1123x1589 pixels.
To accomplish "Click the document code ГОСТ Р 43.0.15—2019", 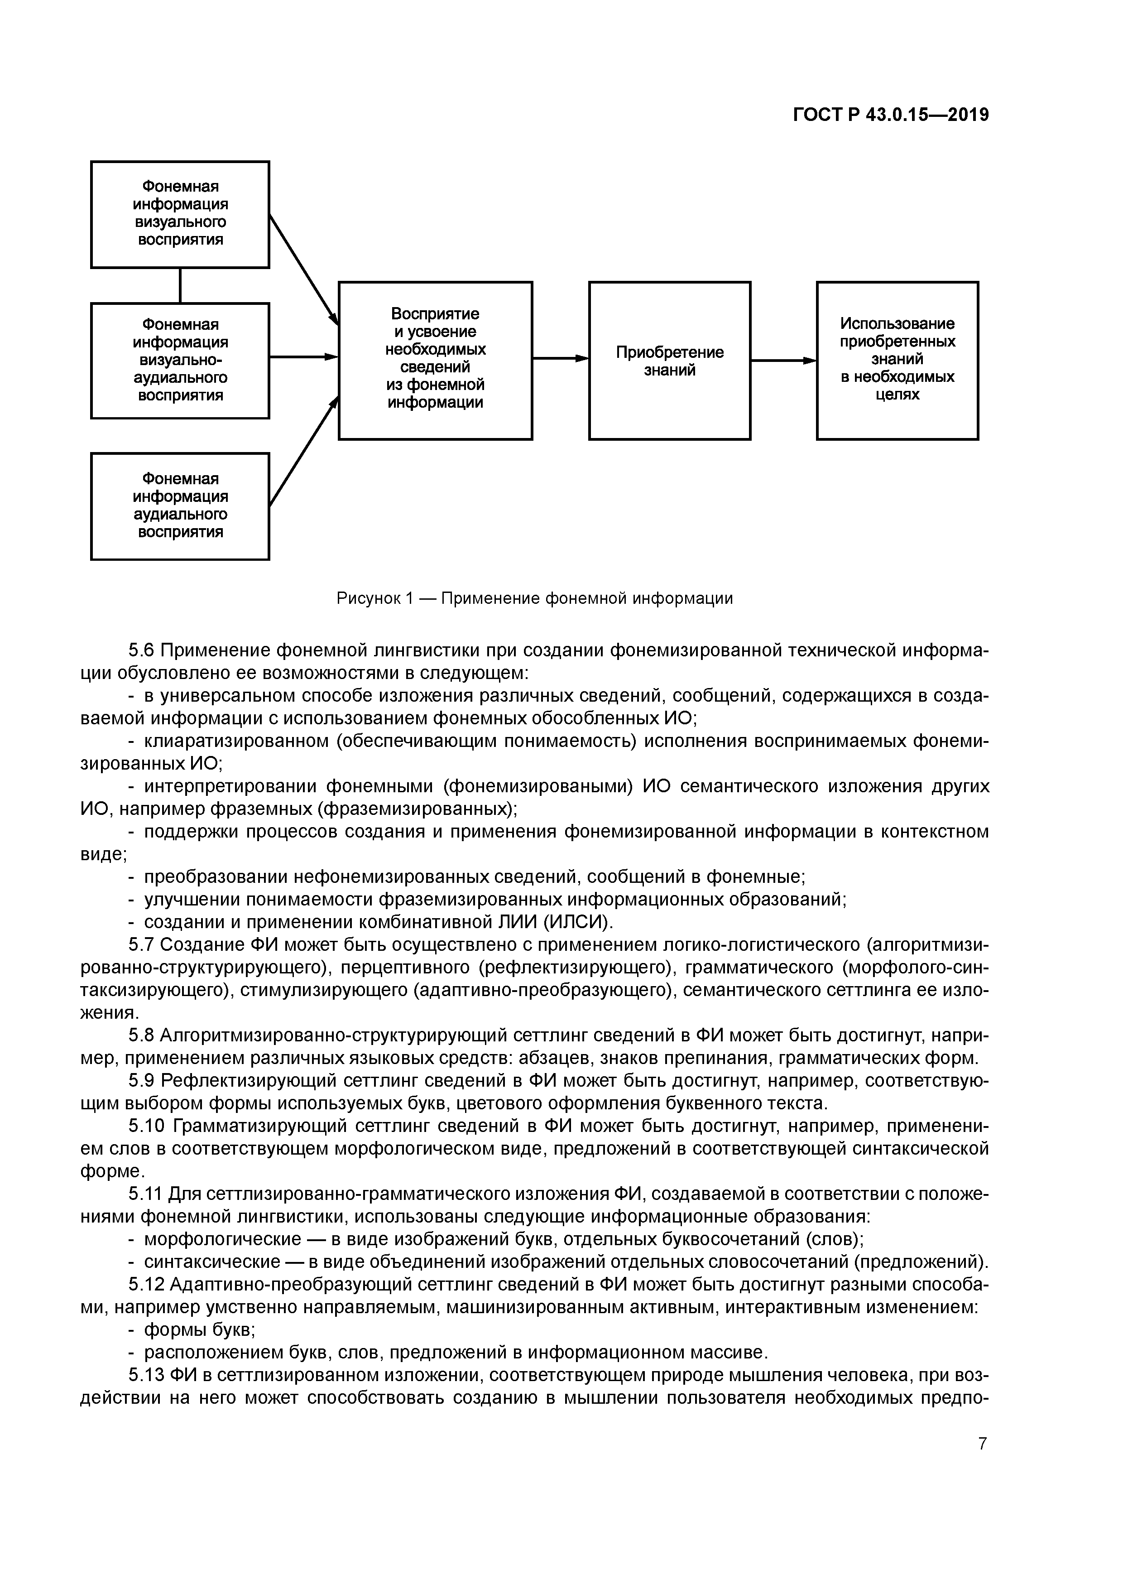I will (x=891, y=116).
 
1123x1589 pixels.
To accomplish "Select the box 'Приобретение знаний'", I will (x=669, y=361).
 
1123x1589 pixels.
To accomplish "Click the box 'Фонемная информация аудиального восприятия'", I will (x=180, y=506).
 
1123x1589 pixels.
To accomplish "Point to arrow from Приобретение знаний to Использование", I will (x=782, y=361).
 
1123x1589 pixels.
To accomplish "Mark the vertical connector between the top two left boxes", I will (x=181, y=285).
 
